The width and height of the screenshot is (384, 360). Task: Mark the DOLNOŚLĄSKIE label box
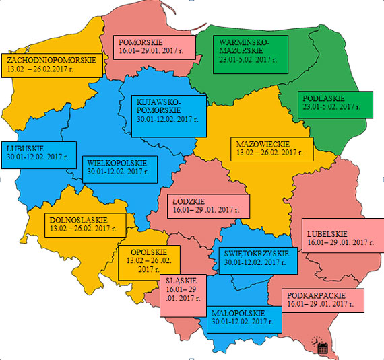pyautogui.click(x=87, y=224)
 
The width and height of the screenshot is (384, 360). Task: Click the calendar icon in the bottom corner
pyautogui.click(x=322, y=347)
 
